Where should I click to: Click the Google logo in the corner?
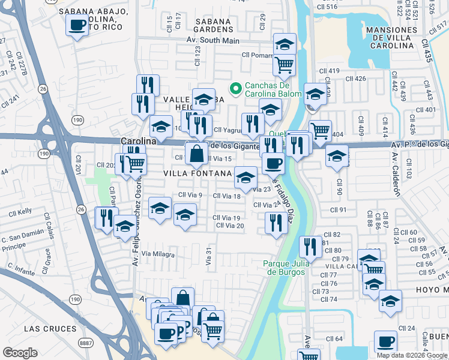20,353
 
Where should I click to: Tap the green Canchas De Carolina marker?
236,89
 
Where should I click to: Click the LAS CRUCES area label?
50,329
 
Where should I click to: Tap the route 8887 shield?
86,343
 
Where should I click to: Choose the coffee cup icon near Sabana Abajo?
77,25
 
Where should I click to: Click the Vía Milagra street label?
158,254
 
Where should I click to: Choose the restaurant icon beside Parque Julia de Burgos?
310,245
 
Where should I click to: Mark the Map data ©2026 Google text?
412,355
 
